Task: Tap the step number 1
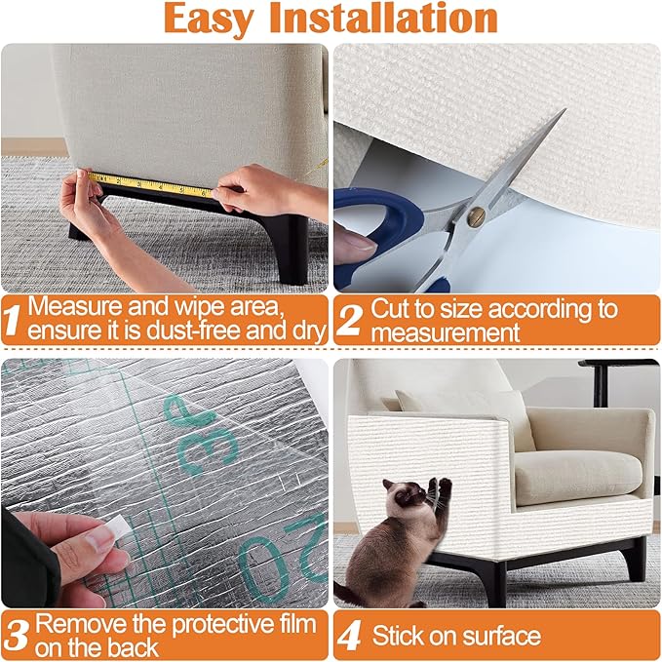14,319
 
